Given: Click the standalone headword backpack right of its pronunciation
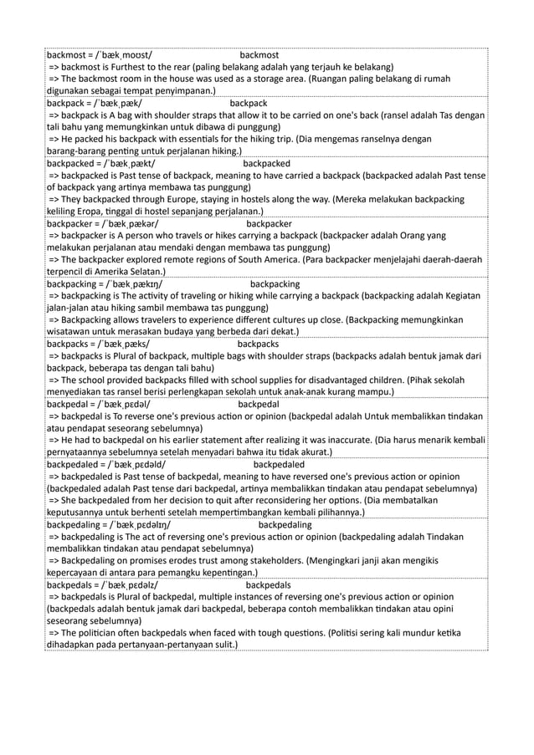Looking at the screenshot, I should [x=249, y=103].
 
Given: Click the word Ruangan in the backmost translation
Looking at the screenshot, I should [x=331, y=79].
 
